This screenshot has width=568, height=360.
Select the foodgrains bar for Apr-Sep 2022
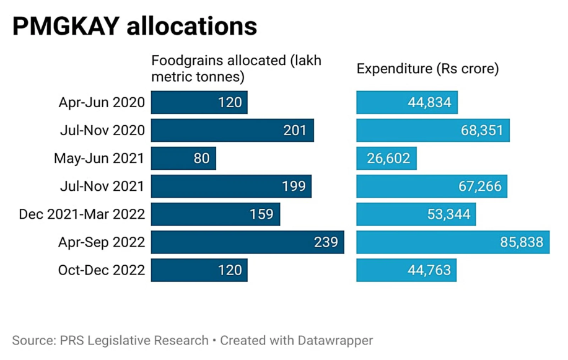pos(247,242)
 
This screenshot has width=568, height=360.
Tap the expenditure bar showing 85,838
pos(452,242)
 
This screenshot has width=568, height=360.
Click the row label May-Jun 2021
pos(99,159)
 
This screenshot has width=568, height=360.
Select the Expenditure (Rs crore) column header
pos(427,69)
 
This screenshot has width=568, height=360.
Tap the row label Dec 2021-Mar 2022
pos(82,214)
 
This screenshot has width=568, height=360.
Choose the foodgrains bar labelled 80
pos(183,159)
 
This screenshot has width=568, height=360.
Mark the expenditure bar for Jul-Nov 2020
pos(432,130)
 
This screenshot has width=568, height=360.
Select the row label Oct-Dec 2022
pos(102,270)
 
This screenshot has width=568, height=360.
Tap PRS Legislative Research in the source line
pos(134,340)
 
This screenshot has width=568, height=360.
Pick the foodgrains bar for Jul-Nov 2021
pos(231,187)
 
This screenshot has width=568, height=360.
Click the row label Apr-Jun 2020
pos(102,102)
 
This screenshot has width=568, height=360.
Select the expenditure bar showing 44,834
pos(406,102)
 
